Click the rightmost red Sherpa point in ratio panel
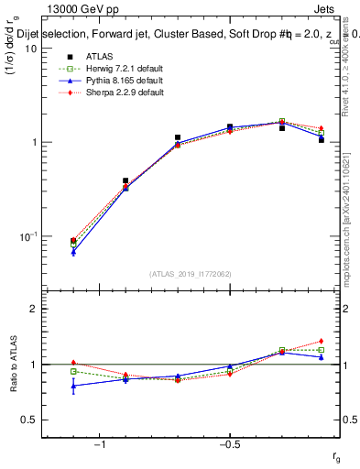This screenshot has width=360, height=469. point(322,341)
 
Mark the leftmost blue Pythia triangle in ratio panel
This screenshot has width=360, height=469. point(73,386)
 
